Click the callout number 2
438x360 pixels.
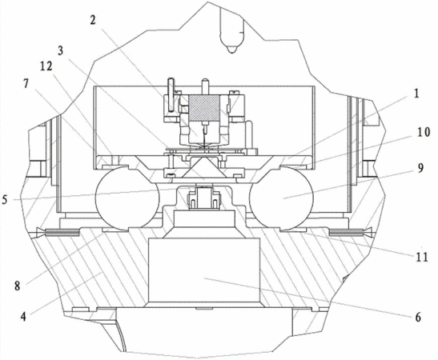(x=93, y=20)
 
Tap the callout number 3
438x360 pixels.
(x=60, y=50)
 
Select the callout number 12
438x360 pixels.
(x=46, y=66)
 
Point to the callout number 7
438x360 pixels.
(x=26, y=83)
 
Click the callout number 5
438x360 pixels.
(x=5, y=200)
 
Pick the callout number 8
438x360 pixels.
(x=18, y=286)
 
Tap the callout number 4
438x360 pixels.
(x=23, y=317)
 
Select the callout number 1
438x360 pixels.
(x=416, y=94)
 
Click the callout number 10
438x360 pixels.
(x=424, y=132)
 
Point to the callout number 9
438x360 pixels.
(x=420, y=168)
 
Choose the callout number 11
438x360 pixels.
(x=422, y=257)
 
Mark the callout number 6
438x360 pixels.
(x=418, y=318)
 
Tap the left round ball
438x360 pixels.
(x=127, y=198)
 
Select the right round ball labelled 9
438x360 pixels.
(x=282, y=198)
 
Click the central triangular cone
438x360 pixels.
(x=203, y=167)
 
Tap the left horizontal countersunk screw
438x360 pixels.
(x=58, y=231)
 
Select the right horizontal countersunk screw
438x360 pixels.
(x=351, y=231)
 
